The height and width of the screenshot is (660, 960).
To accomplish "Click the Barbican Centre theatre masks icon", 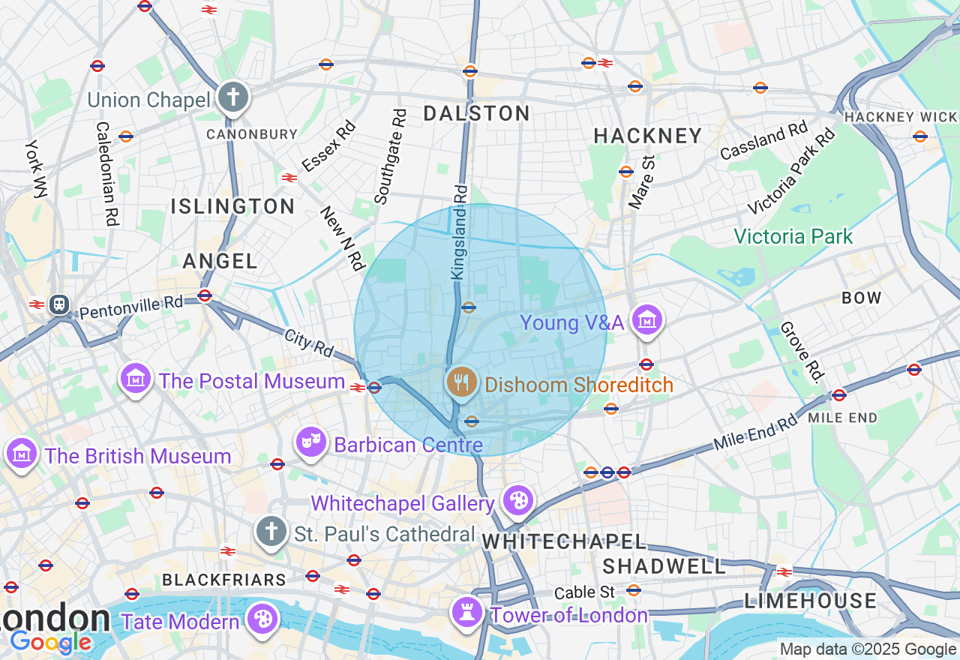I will [310, 442].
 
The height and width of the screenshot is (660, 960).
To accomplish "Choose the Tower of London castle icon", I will [466, 612].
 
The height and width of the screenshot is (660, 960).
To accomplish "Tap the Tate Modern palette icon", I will [263, 619].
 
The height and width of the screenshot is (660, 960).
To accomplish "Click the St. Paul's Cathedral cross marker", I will [271, 531].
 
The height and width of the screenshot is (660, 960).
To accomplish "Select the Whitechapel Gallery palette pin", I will [517, 499].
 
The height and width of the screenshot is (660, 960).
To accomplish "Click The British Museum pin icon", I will [22, 453].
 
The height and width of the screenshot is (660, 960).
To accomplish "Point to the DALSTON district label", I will [477, 114].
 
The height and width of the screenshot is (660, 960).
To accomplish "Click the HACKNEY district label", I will [648, 136].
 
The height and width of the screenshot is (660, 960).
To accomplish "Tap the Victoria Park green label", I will [793, 237].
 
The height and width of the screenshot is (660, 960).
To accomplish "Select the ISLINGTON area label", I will [233, 206].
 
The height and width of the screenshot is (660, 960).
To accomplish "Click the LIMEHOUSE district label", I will [810, 601].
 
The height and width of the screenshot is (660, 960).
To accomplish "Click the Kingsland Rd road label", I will [460, 232].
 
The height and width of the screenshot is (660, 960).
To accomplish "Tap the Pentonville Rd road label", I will [131, 307].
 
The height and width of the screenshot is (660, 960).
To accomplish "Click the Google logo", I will [50, 643].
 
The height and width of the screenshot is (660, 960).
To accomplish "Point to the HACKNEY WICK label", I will [900, 117].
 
